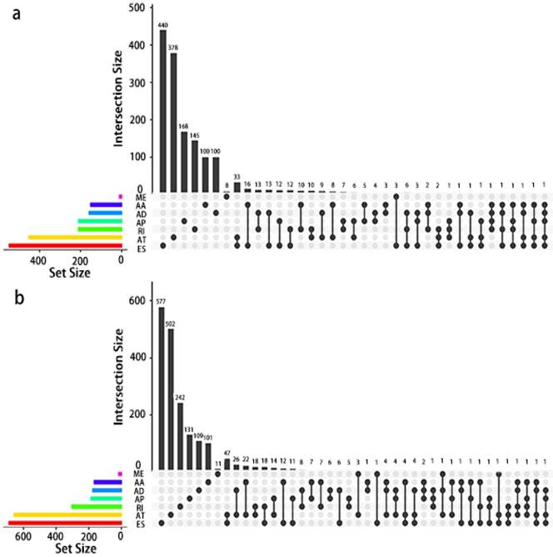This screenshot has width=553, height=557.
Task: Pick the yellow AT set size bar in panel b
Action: (x=67, y=515)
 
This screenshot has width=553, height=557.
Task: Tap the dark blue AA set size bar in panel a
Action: (x=106, y=203)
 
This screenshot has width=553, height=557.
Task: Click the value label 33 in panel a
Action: (x=237, y=177)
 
